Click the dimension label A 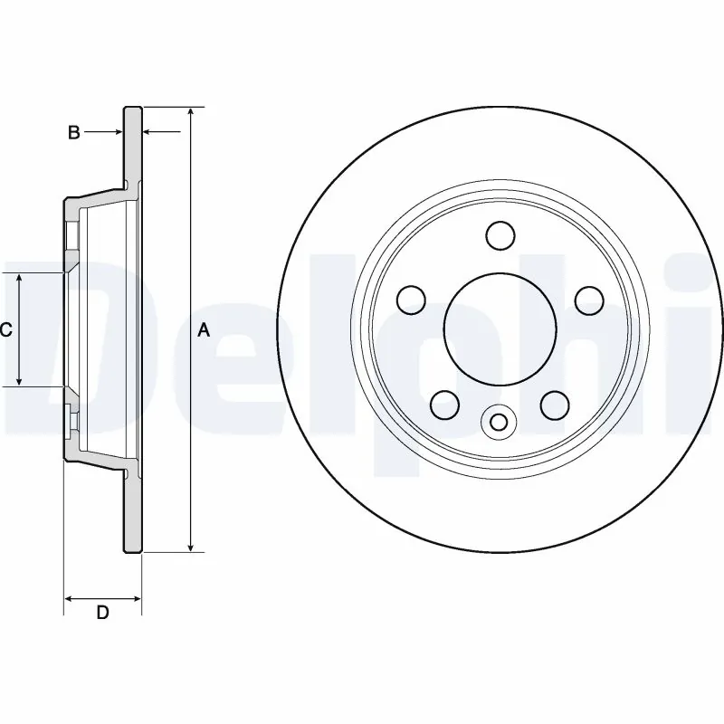tap(204, 330)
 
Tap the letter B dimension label tap(74, 133)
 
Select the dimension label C tap(5, 330)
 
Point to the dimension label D tap(102, 614)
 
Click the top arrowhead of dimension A tap(190, 112)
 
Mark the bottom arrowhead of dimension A tap(190, 546)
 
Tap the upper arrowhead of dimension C tap(19, 278)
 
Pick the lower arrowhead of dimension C tap(19, 381)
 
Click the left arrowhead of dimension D tap(70, 598)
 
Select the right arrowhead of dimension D tap(137, 598)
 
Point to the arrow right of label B tap(117, 133)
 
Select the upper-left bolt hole tap(412, 298)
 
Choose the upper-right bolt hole tap(589, 298)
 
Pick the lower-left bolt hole tap(444, 403)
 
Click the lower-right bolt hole tap(553, 403)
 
